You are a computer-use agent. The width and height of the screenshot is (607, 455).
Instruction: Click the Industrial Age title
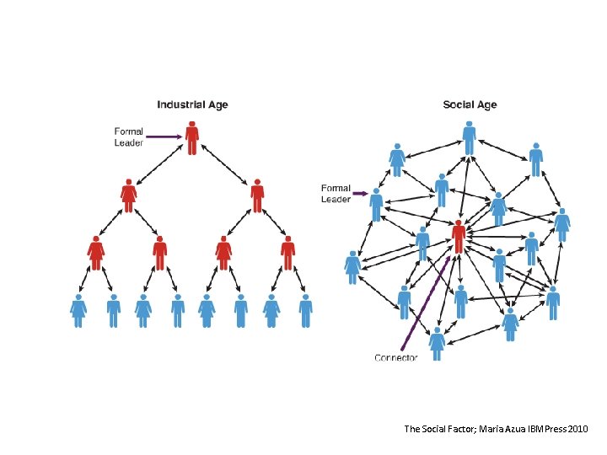(x=192, y=105)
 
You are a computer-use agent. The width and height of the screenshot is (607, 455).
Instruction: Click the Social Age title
(x=470, y=105)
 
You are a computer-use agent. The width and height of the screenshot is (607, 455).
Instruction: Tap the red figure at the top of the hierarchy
(x=192, y=138)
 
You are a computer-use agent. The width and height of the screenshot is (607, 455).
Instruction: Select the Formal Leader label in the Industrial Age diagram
(x=129, y=136)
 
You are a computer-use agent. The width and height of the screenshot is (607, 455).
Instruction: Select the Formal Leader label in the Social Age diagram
(x=336, y=194)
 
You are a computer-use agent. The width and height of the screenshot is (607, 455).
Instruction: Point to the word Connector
(x=395, y=357)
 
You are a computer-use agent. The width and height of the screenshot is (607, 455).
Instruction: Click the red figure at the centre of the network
(x=458, y=238)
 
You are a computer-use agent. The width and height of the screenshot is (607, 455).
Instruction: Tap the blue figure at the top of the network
(x=469, y=137)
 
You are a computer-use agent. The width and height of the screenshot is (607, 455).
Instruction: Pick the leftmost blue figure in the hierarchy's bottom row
(x=78, y=311)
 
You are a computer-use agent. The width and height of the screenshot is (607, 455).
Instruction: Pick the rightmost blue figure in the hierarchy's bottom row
(x=305, y=311)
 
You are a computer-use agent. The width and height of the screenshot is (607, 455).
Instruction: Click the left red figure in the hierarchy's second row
(x=128, y=195)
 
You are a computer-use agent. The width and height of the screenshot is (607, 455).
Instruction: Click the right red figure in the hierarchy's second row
(x=257, y=195)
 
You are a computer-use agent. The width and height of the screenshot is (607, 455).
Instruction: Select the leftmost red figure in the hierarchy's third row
(x=96, y=253)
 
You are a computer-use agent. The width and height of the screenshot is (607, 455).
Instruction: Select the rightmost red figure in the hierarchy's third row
(x=288, y=253)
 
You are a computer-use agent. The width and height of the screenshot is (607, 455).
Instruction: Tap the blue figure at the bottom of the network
(x=437, y=344)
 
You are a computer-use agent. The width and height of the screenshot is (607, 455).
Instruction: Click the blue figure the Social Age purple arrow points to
(x=376, y=203)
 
